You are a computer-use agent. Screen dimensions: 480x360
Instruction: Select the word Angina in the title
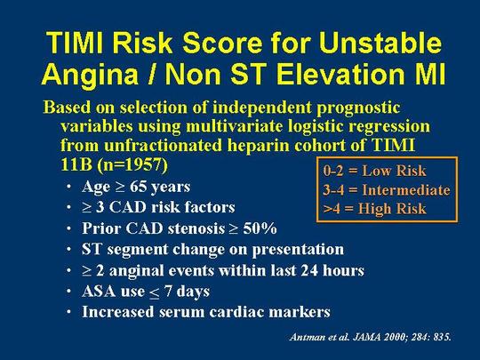pos(90,75)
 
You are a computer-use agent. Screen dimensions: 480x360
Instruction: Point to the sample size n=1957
pos(132,165)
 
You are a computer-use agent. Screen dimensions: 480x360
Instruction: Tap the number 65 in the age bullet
pos(138,187)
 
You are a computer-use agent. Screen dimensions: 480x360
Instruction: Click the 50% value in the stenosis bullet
pos(260,228)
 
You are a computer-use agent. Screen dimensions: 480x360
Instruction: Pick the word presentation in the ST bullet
pos(298,250)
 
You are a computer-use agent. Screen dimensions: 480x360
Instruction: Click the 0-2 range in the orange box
pos(333,171)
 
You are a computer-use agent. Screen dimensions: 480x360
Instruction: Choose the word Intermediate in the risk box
pos(406,190)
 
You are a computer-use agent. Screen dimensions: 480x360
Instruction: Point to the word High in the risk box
pos(372,209)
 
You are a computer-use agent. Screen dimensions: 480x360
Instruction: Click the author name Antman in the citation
pos(304,337)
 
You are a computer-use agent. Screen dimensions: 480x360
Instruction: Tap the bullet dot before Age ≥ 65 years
pos(68,187)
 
